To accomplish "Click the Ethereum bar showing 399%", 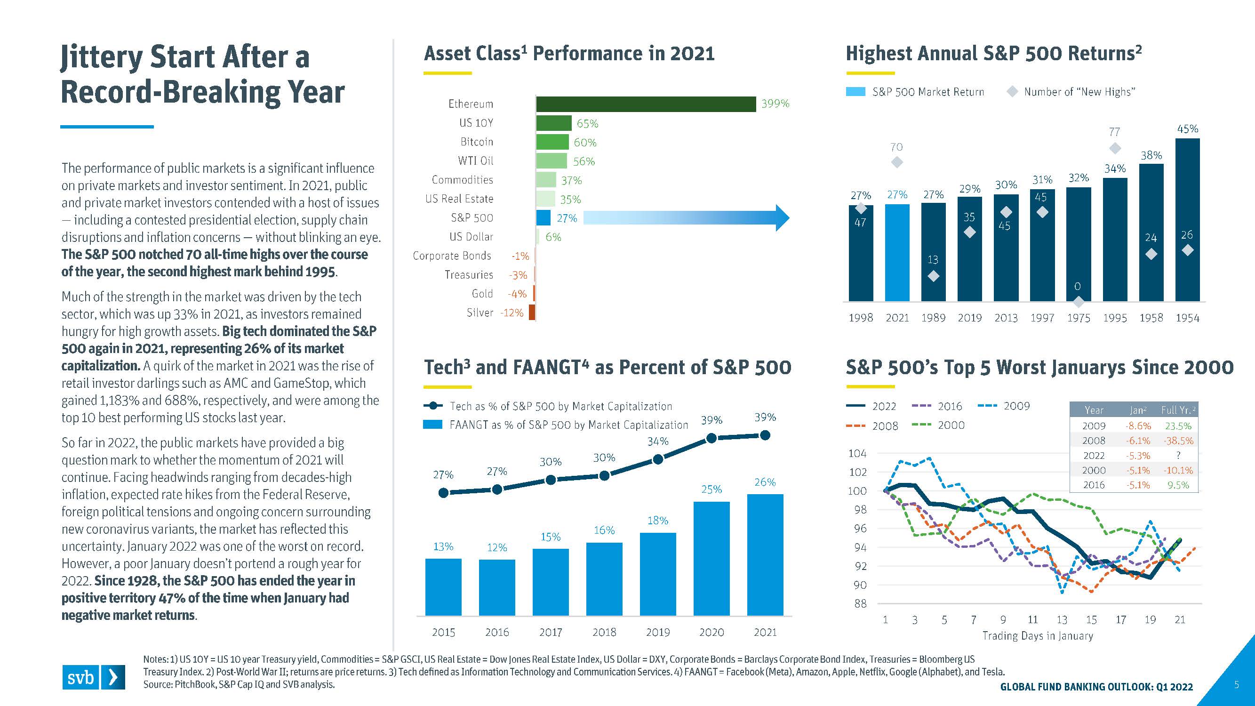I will pos(646,104).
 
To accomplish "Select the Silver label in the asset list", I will pos(480,313).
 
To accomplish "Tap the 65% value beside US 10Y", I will pos(587,124).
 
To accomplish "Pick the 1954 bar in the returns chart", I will pos(1187,219).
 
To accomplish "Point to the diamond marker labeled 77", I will pos(1115,148).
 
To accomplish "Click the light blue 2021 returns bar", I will pos(897,252).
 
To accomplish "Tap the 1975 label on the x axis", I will pos(1078,318).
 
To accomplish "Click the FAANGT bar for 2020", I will pos(711,558).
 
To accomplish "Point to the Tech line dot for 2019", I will pos(658,459).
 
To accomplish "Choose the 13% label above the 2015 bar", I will pos(443,546).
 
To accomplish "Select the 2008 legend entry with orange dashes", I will pos(872,426).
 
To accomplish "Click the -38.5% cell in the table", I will pos(1178,441).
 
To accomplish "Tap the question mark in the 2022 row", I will pos(1178,456).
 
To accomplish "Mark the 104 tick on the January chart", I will pos(857,454).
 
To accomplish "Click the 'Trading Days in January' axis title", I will pos(1037,636).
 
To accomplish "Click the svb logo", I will pos(93,677).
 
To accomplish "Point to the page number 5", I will pos(1236,684).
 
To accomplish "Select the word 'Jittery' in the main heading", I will pos(101,57).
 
